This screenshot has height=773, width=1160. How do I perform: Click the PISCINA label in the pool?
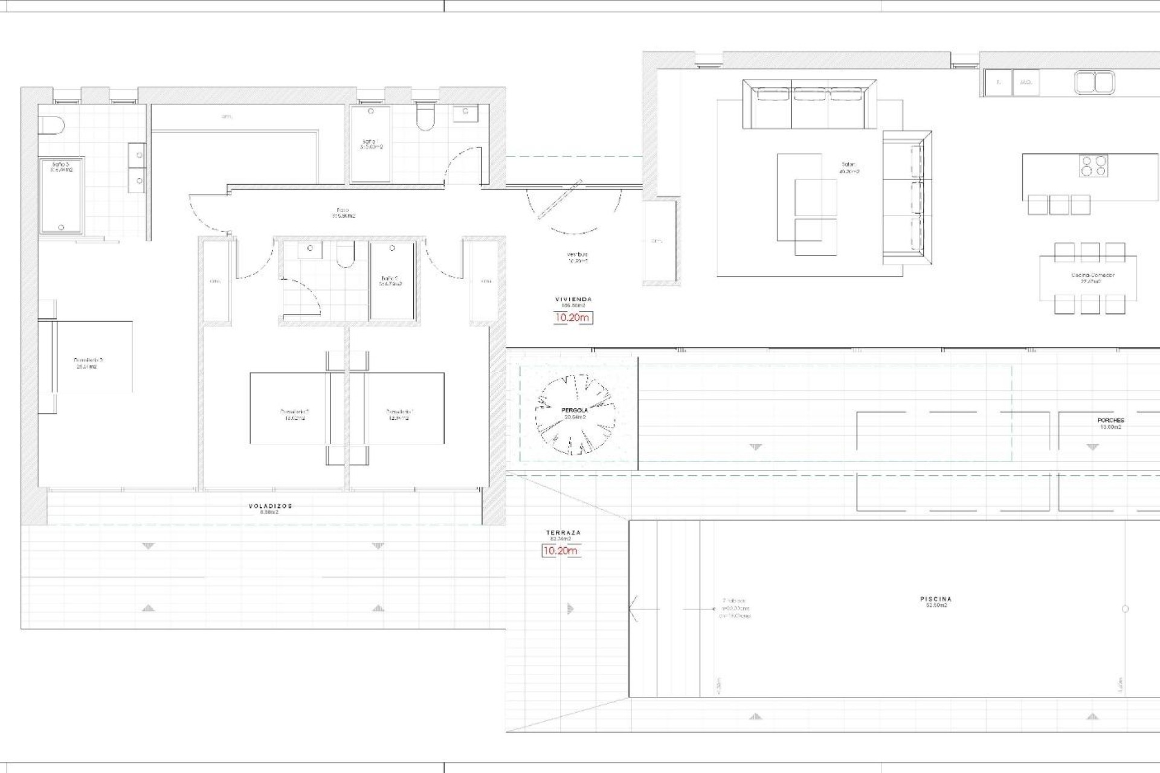[935, 599]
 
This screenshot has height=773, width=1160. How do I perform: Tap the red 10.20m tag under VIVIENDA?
[573, 318]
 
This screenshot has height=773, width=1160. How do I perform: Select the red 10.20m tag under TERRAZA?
[560, 551]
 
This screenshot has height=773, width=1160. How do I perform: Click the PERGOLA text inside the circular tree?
[574, 411]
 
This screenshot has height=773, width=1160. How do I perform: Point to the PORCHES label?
[1110, 420]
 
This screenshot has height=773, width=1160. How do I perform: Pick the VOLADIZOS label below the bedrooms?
[270, 506]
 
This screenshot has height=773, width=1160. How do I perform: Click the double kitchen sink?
[1095, 83]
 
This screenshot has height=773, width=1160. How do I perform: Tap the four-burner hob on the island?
[1094, 165]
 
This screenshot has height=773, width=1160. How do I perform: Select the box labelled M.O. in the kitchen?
[1026, 83]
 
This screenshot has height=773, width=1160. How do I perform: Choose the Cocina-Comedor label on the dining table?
[1092, 275]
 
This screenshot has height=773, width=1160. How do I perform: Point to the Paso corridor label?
[342, 211]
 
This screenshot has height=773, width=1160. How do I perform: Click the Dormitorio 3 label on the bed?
[85, 361]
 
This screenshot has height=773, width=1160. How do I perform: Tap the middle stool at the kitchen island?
[1059, 205]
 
